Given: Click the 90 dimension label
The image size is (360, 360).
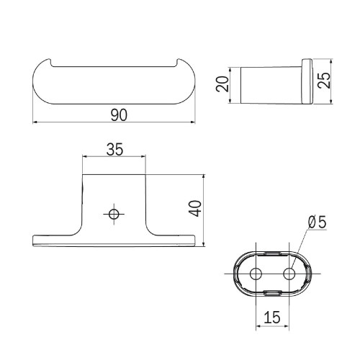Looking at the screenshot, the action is pos(119,115).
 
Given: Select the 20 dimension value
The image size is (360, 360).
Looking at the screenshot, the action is pos(222,84).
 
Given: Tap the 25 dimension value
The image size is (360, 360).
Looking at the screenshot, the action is pos(324,81).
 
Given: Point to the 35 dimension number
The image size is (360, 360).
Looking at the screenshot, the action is pos(114,150).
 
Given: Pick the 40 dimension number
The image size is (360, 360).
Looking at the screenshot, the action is pos(195,209).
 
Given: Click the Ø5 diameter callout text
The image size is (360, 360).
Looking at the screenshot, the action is pos(318,222).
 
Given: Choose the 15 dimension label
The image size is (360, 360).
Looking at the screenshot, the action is pos(272,317).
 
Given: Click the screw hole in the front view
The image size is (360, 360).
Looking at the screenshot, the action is pos(114,214).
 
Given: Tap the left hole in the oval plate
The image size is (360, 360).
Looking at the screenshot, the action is pos(256,274).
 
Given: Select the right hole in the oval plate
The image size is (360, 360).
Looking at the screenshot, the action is pos(289,274).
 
